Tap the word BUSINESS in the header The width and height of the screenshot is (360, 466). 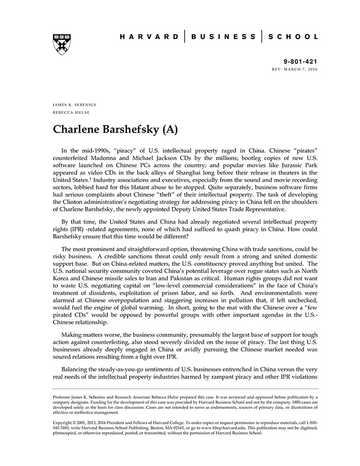point(223,37)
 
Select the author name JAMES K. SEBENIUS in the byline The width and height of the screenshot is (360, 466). point(75,104)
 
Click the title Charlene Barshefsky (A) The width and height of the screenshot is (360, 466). point(116,129)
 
